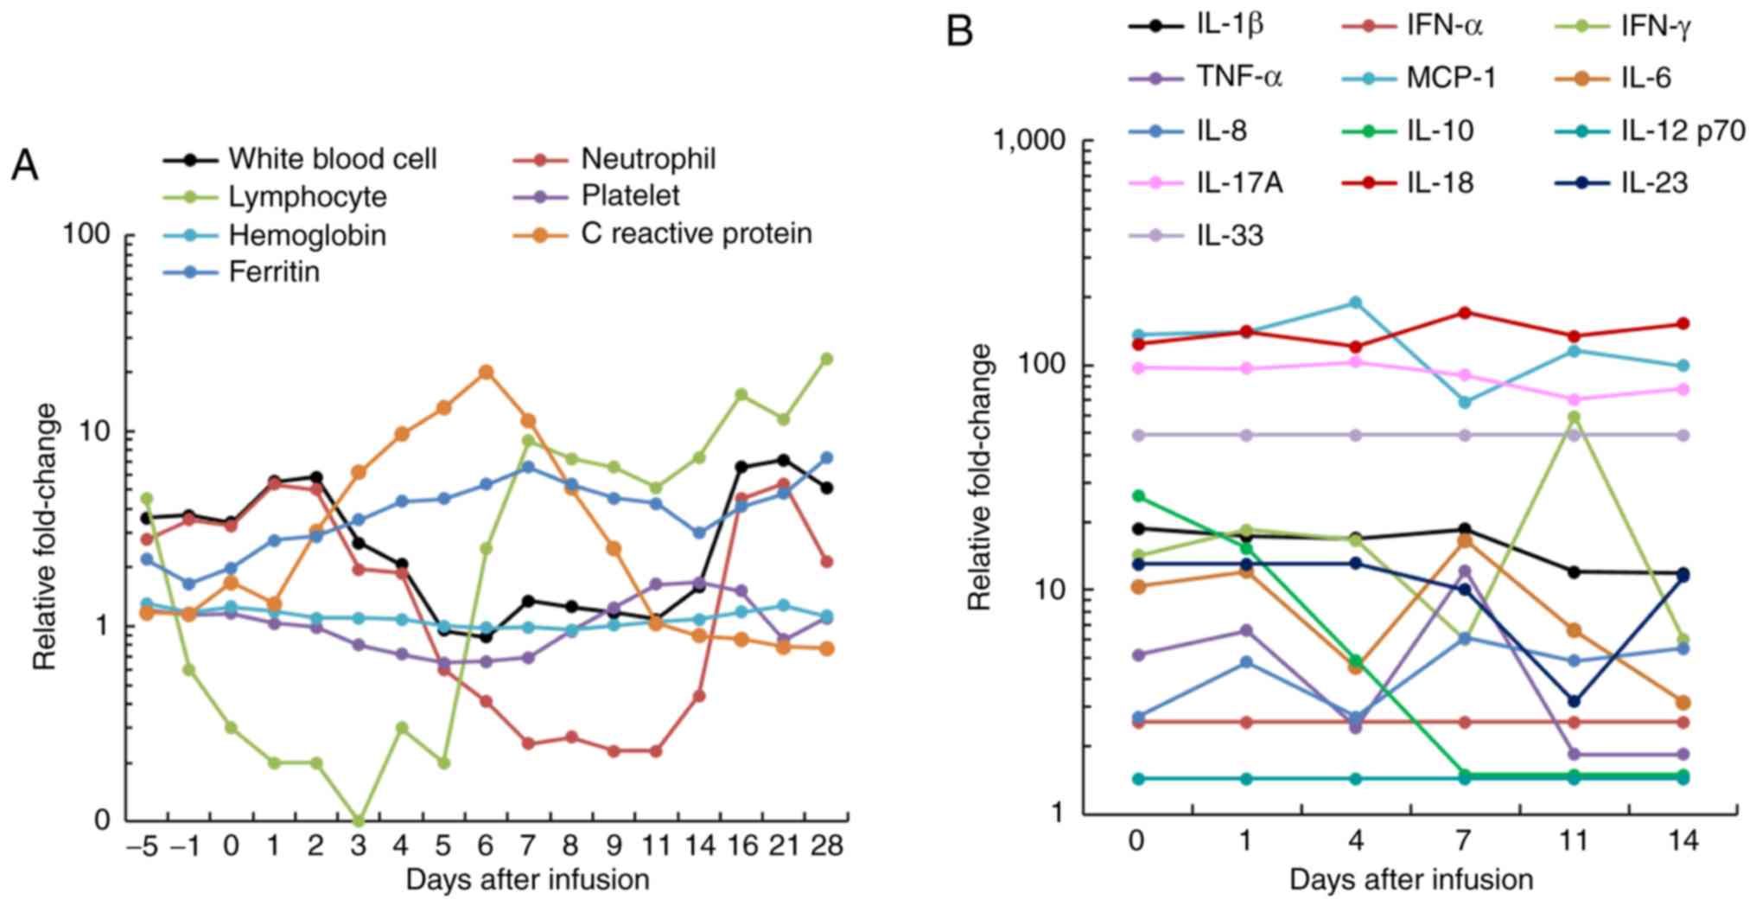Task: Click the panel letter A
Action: tap(25, 165)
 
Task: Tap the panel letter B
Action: tap(960, 32)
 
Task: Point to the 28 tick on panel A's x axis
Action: tap(826, 845)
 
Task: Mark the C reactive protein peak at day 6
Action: tap(487, 372)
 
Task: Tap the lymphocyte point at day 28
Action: tap(826, 359)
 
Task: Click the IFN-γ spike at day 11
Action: tap(1574, 417)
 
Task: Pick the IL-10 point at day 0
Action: tap(1138, 496)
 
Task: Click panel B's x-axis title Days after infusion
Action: tap(1411, 880)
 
